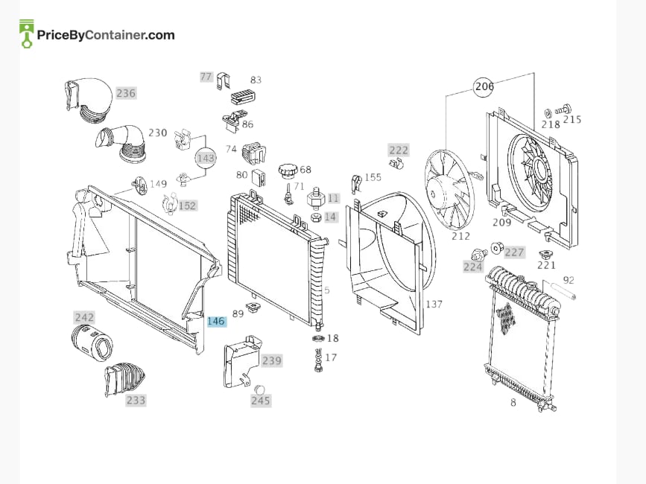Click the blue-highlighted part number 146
click(216, 321)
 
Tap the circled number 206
click(484, 86)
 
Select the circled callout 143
click(206, 159)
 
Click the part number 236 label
click(126, 93)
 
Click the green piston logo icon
click(27, 34)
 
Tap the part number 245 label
click(260, 401)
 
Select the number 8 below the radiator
click(513, 403)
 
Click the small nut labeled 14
click(316, 217)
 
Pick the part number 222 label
click(399, 150)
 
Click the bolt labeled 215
click(563, 109)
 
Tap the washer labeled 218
click(548, 113)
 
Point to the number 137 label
click(434, 304)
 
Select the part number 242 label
click(84, 317)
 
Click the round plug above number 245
click(259, 389)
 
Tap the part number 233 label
click(136, 400)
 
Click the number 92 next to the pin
click(569, 280)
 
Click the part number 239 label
click(272, 361)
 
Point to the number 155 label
click(373, 177)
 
